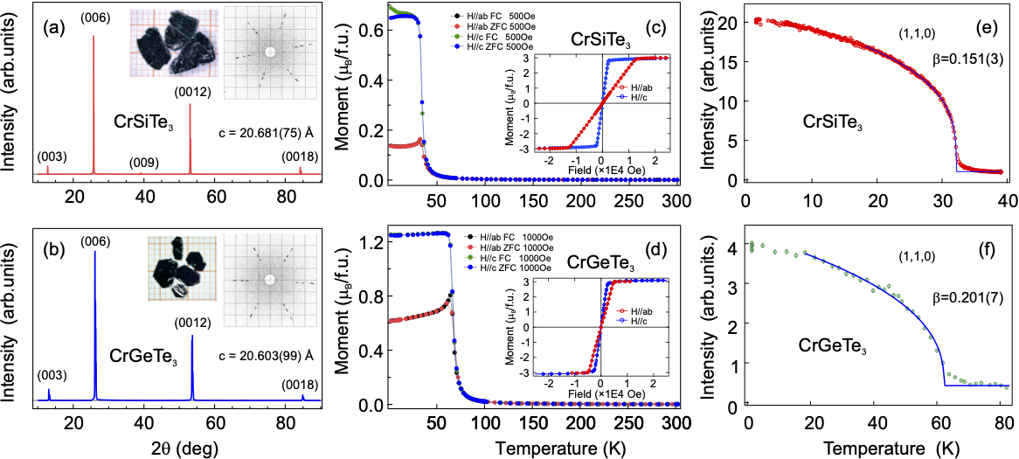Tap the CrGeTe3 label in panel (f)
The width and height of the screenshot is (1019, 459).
click(x=833, y=348)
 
